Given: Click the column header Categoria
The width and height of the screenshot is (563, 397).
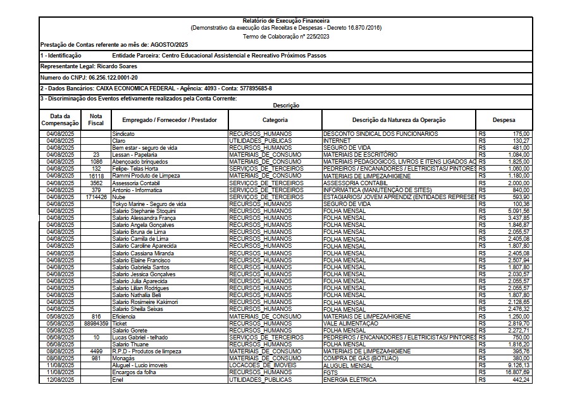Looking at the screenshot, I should coord(275,120).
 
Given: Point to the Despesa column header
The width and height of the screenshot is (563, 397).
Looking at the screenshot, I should coord(504,120).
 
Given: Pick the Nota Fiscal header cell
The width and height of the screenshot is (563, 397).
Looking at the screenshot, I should coord(96,120).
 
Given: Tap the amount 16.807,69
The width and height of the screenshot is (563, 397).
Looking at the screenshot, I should coord(517,373).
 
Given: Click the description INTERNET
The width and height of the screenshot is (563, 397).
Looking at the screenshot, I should coord(337,140).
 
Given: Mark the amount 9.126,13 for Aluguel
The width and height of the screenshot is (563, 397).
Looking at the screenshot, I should coord(517,366).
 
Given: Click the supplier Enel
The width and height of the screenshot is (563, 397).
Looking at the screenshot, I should coord(118,380).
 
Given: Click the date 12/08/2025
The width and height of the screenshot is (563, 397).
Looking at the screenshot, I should coord(61,380).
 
